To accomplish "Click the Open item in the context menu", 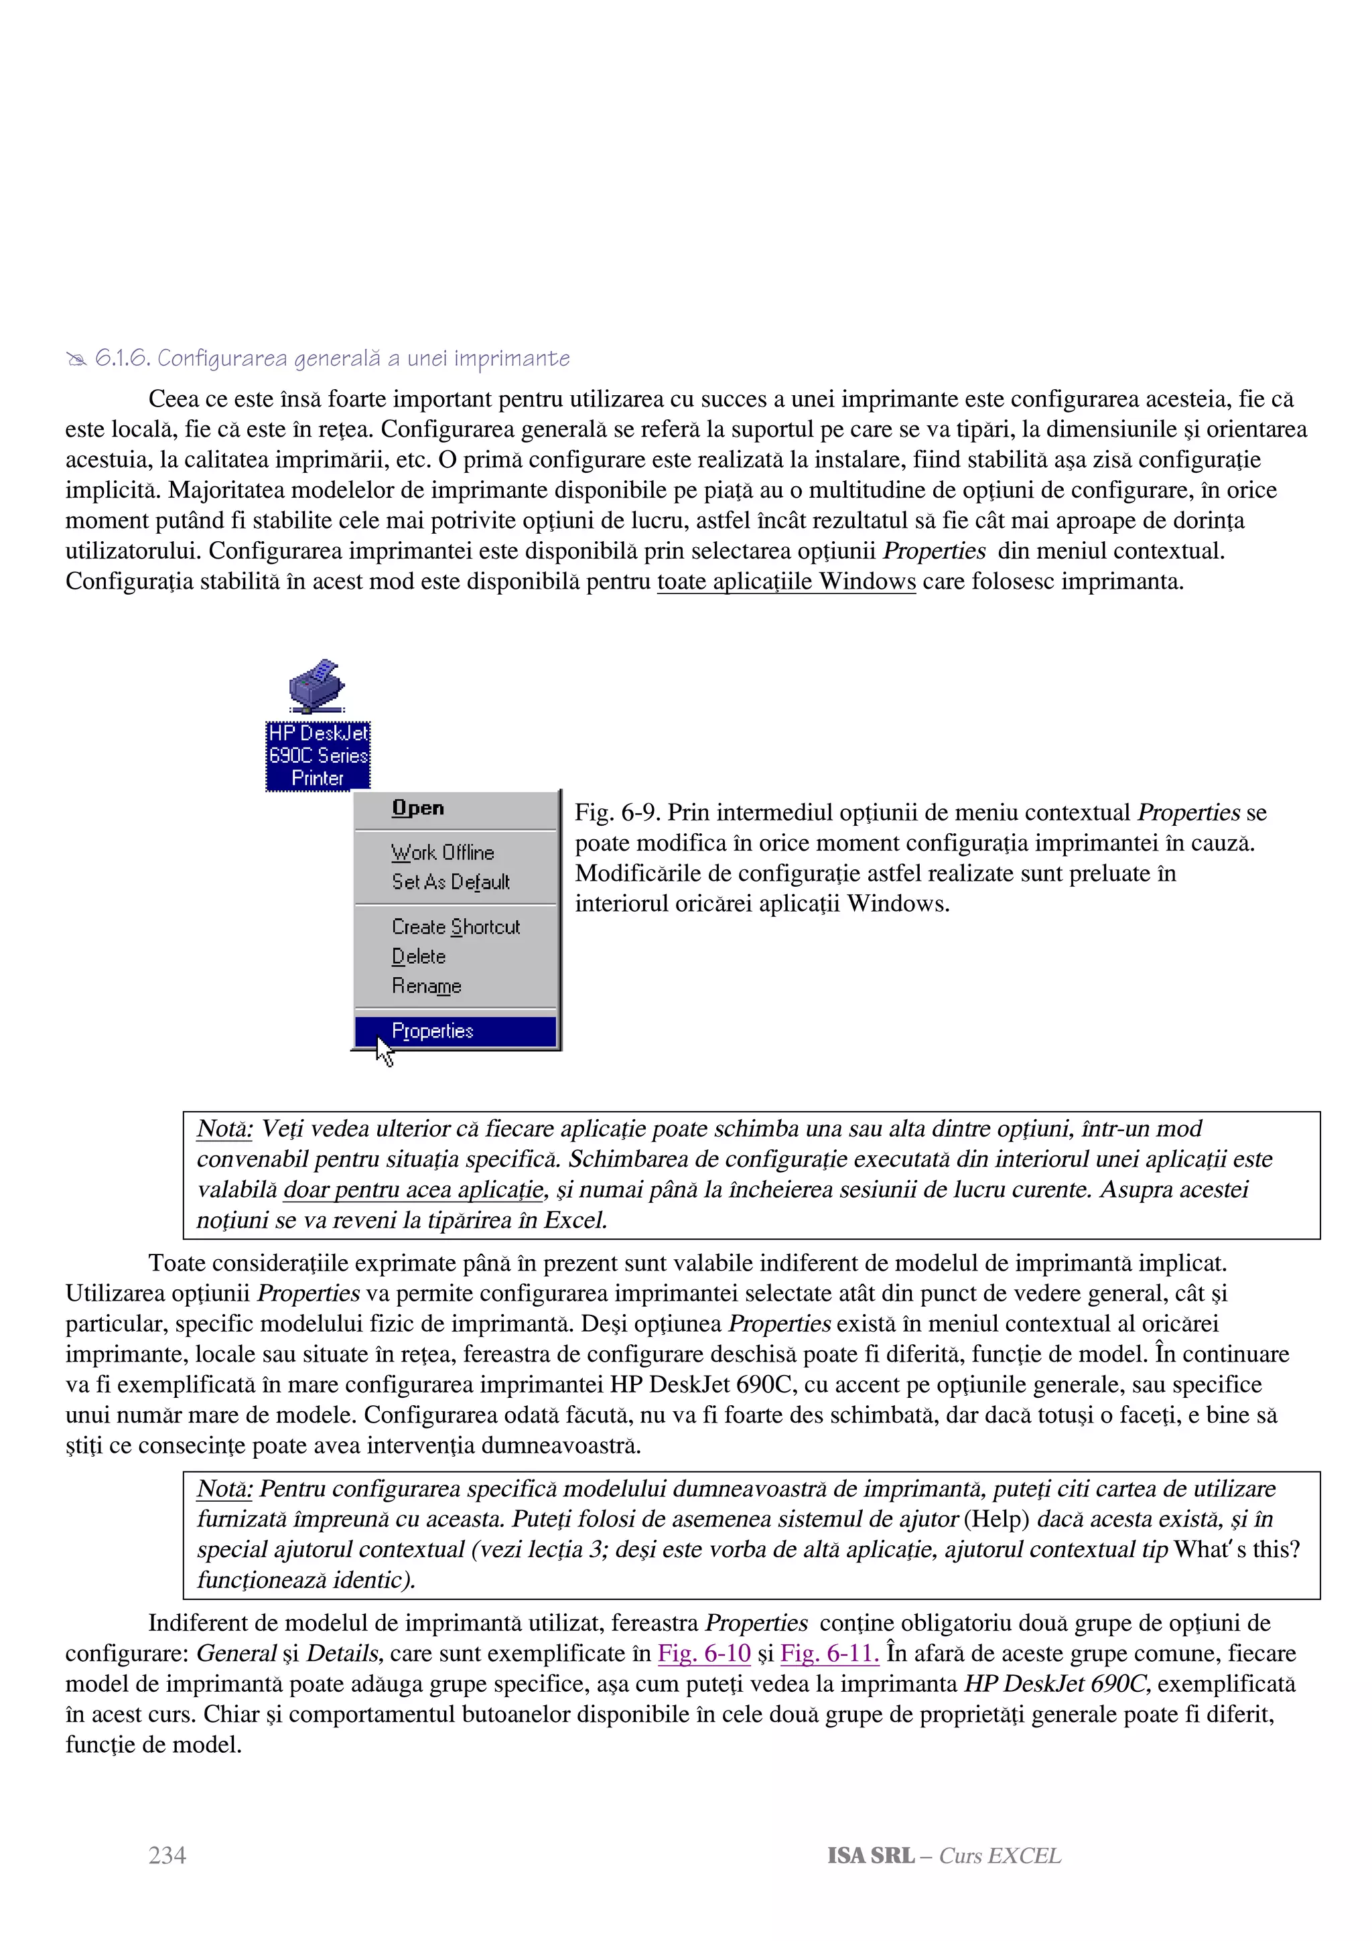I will pos(417,808).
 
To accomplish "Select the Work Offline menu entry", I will pos(442,852).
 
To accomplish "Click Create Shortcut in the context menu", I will pos(456,928).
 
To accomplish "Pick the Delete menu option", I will pos(419,957).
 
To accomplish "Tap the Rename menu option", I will pos(426,987).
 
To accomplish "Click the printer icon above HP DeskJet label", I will pos(316,686).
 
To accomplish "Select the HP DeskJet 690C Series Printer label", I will pos(318,756).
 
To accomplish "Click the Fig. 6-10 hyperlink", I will pos(703,1653).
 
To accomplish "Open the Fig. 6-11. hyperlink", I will pos(829,1653).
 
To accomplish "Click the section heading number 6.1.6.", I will pos(123,358).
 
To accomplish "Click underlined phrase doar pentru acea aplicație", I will pos(413,1190).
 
